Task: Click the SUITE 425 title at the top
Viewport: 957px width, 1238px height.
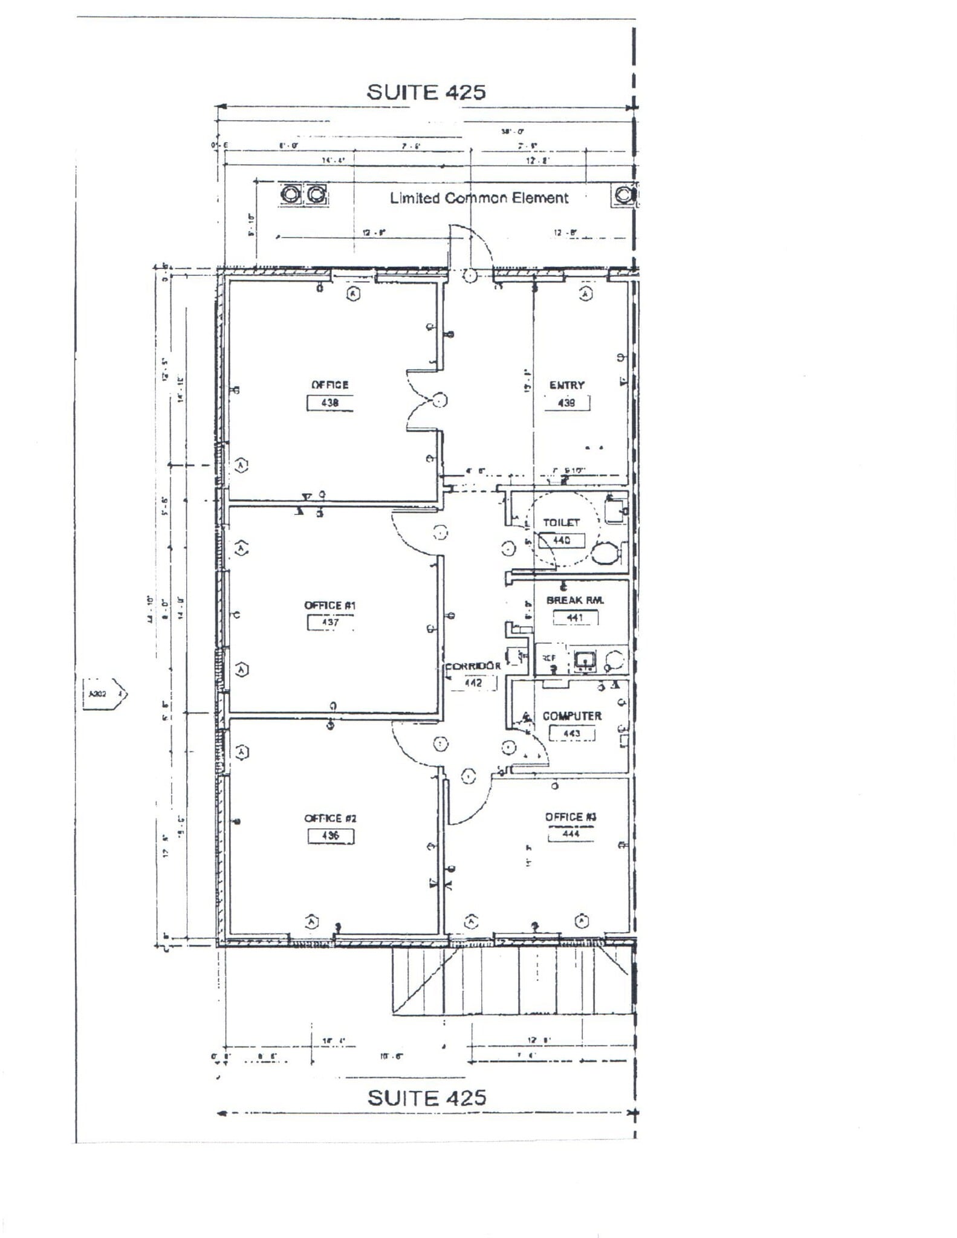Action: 426,92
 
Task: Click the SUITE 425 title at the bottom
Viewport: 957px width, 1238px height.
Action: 427,1097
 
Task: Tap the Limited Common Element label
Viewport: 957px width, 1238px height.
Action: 479,198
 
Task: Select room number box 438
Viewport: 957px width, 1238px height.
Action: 330,403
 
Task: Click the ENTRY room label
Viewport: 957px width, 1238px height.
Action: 566,385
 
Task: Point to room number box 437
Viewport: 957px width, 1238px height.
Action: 331,622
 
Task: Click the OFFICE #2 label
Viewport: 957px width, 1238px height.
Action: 330,818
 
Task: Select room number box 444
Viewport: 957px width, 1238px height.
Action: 571,834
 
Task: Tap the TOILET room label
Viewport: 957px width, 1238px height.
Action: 561,522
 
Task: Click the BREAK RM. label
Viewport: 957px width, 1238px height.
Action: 575,600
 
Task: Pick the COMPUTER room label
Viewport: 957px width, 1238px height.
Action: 572,716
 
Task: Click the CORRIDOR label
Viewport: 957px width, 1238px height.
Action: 473,666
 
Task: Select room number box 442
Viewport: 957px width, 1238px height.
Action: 473,683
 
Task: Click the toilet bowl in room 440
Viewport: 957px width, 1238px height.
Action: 605,553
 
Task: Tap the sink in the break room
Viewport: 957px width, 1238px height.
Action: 585,661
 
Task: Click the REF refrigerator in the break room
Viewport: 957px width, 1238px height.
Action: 549,658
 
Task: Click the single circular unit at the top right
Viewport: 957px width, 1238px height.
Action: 624,195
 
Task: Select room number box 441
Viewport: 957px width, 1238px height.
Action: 575,618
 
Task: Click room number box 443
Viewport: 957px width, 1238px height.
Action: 571,733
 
